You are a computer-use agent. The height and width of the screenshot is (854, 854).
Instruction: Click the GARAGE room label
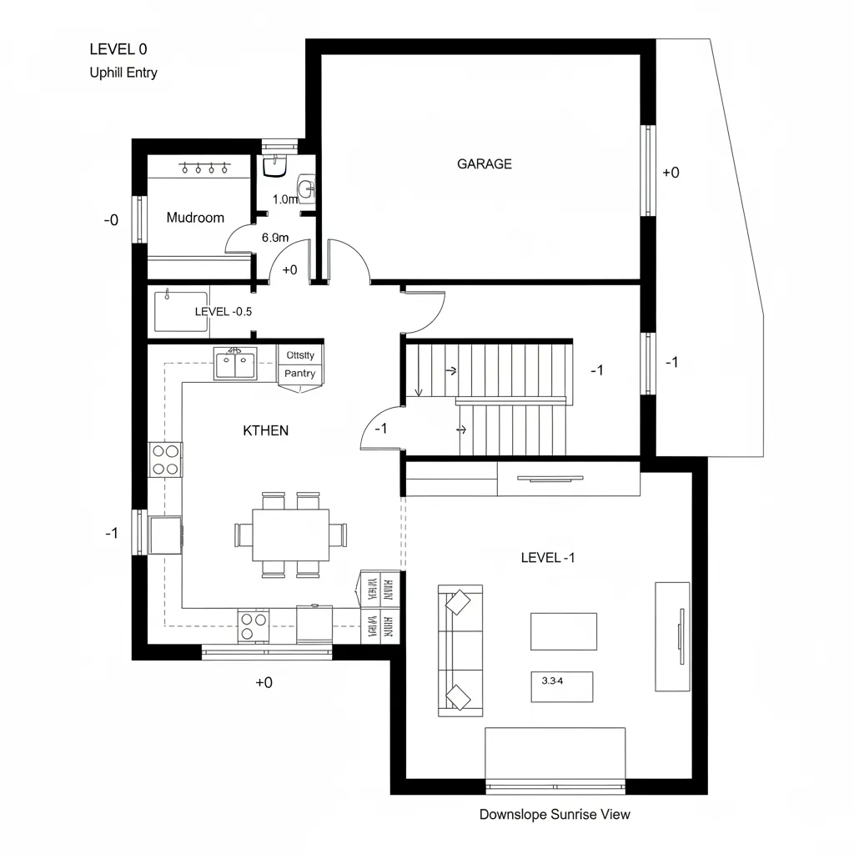pos(484,164)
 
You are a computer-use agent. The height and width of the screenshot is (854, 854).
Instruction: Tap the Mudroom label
pos(195,218)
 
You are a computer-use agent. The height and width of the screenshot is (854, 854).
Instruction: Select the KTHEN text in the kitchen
pos(265,430)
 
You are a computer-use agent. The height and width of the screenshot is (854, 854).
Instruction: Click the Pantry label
pos(299,374)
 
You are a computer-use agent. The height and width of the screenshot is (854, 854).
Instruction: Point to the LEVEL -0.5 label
pos(223,311)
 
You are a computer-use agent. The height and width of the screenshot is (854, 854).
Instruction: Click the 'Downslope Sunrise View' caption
pos(555,814)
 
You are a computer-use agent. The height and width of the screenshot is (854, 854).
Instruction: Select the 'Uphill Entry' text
pos(123,73)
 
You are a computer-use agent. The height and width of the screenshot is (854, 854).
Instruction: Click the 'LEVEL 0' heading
pos(118,49)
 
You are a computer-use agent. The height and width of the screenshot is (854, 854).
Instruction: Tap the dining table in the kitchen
pos(290,535)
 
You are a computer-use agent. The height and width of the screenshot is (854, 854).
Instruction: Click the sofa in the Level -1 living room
pos(460,650)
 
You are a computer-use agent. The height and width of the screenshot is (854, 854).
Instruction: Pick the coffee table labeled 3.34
pos(561,686)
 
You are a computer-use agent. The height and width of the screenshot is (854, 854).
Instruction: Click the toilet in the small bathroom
pos(274,166)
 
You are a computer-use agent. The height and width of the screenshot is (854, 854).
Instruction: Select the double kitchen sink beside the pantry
pos(234,364)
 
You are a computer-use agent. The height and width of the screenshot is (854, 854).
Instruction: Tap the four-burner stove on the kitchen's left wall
pos(166,460)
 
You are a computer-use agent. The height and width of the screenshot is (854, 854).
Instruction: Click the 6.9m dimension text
pos(274,237)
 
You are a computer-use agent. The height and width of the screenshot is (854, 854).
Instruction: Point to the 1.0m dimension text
pos(285,199)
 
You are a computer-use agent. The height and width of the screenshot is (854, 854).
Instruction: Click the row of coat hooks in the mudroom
pos(204,168)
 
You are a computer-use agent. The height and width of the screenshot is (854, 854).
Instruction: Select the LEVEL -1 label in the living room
pos(547,557)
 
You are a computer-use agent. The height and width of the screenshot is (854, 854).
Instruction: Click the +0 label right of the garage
pos(671,173)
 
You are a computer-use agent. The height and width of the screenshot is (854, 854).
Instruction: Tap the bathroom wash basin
pos(307,188)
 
